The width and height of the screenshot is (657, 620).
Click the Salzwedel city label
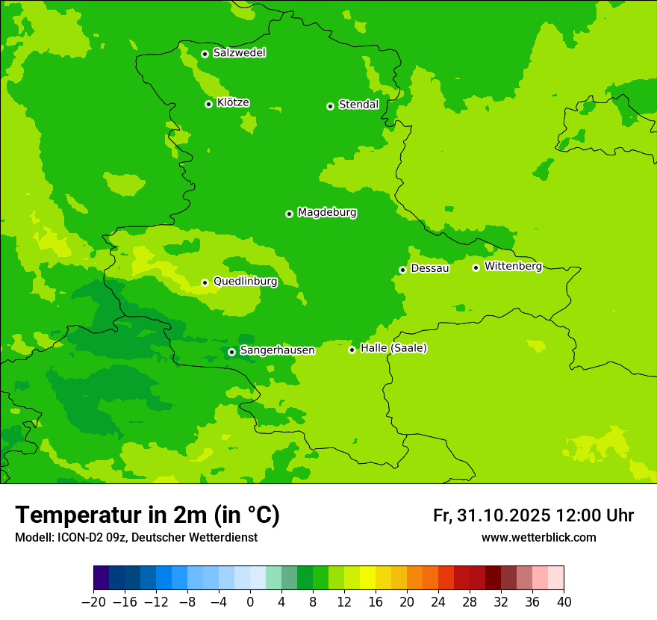click(239, 53)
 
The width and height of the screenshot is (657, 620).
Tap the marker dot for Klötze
click(208, 104)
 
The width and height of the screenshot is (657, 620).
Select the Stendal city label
click(358, 105)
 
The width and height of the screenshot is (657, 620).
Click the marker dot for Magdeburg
click(289, 214)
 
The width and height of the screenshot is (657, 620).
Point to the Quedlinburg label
click(245, 282)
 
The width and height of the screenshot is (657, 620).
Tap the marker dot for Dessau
click(402, 270)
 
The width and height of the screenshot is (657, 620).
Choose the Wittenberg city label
click(513, 266)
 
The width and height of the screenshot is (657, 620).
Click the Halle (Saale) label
click(393, 348)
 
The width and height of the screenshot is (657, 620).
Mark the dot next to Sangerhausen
click(231, 352)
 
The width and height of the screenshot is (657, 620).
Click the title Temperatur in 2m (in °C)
click(147, 515)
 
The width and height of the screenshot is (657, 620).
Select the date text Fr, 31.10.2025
click(492, 515)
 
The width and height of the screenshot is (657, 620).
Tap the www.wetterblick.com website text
click(538, 537)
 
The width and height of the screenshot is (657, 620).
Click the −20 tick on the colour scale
click(93, 602)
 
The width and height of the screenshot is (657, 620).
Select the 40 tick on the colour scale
click(564, 602)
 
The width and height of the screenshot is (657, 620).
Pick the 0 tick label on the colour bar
click(250, 602)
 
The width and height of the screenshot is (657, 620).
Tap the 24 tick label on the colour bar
click(438, 602)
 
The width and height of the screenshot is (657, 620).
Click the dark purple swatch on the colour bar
click(102, 578)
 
